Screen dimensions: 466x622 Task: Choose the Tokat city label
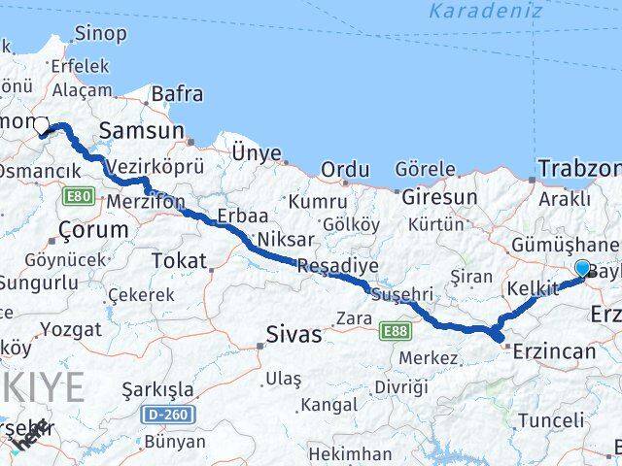tap(182, 260)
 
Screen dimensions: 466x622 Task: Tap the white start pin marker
tap(42, 127)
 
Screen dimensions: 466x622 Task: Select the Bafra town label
tap(176, 94)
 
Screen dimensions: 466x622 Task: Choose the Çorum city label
tap(93, 230)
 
